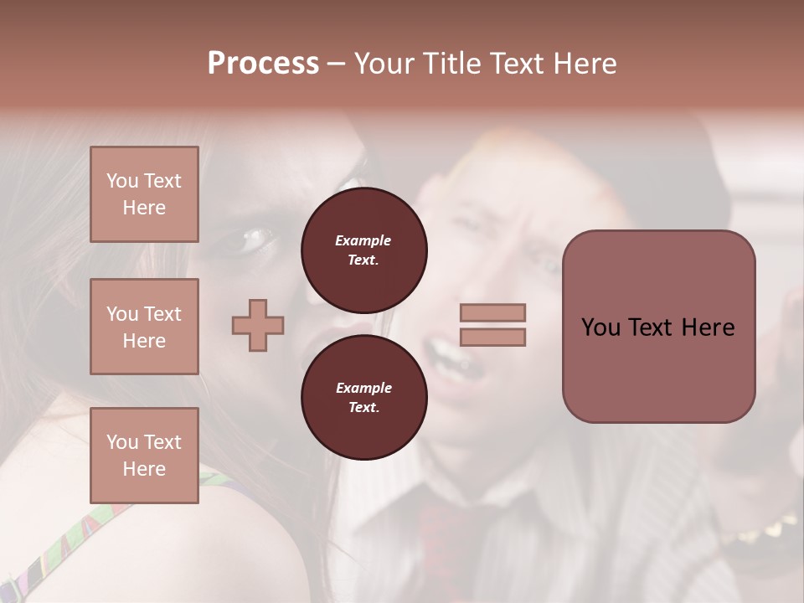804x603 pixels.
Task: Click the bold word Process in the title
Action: click(263, 64)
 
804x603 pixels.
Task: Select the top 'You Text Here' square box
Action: click(144, 194)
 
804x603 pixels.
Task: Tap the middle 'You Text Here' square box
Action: click(144, 327)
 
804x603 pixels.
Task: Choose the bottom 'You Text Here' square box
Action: click(144, 456)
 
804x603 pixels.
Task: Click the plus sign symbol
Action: click(258, 325)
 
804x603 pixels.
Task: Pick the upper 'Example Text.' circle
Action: click(363, 250)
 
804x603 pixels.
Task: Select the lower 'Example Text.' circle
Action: click(363, 397)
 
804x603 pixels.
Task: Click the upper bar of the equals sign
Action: click(493, 312)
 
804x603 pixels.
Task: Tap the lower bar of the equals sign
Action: click(493, 337)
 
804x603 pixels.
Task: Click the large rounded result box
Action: click(658, 327)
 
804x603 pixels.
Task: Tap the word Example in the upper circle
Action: click(363, 241)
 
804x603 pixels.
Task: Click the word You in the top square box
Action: click(122, 181)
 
